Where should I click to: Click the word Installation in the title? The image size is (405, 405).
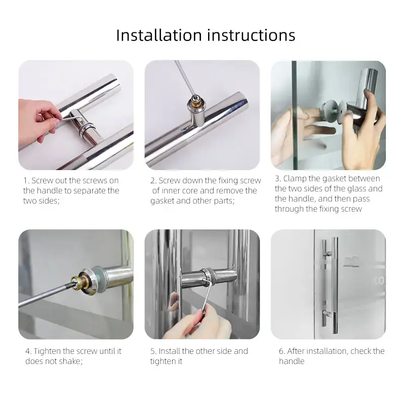click(x=159, y=35)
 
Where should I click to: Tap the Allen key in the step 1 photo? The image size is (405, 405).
click(x=69, y=118)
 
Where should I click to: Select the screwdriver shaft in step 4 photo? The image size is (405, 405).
click(x=46, y=294)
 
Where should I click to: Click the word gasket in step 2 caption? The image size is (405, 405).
click(x=162, y=201)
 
